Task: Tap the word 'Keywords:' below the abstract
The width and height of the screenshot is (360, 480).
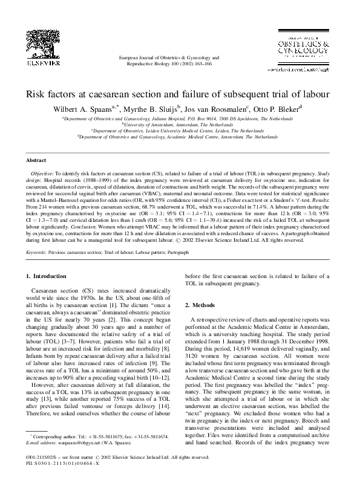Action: tap(38, 248)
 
